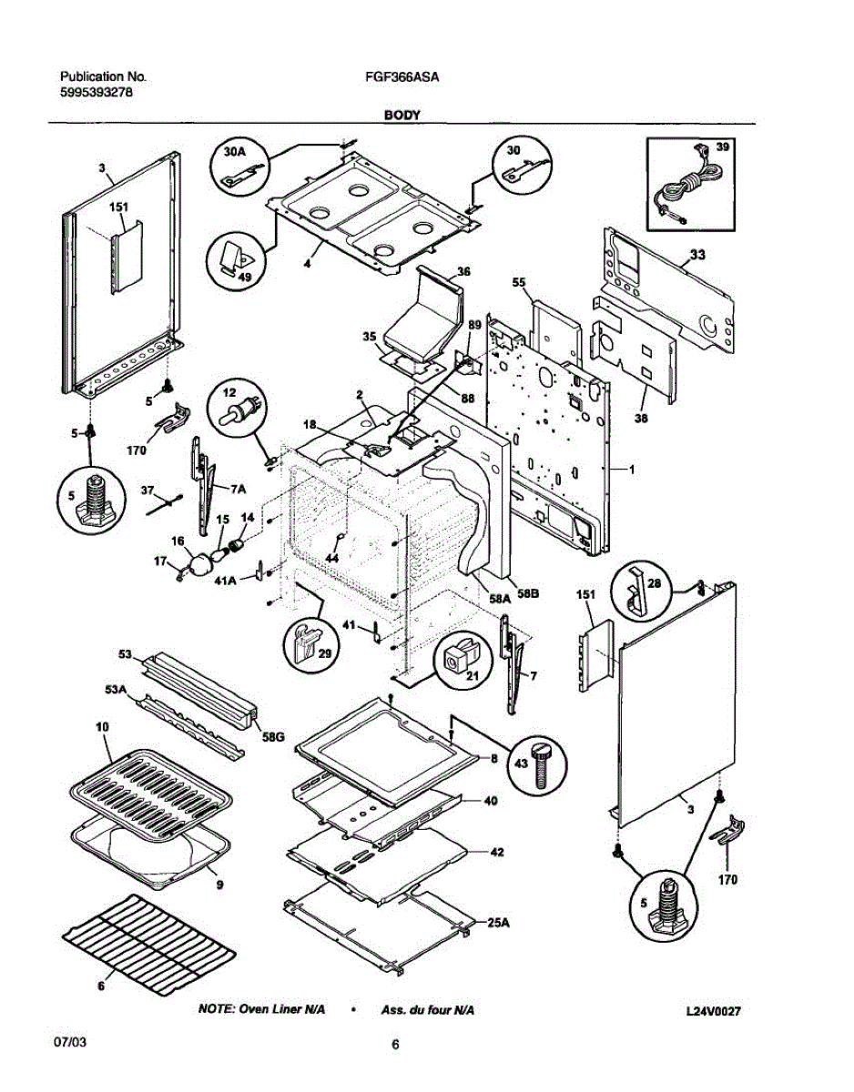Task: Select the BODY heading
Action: pyautogui.click(x=402, y=115)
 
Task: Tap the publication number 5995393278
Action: pyautogui.click(x=97, y=93)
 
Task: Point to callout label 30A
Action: pyautogui.click(x=234, y=152)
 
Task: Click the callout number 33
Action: pyautogui.click(x=696, y=256)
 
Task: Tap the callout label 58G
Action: pyautogui.click(x=273, y=737)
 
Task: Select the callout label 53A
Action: pyautogui.click(x=115, y=690)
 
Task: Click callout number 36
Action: pyautogui.click(x=463, y=272)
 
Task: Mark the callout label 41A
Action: pyautogui.click(x=226, y=580)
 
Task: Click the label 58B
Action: pyautogui.click(x=528, y=593)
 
